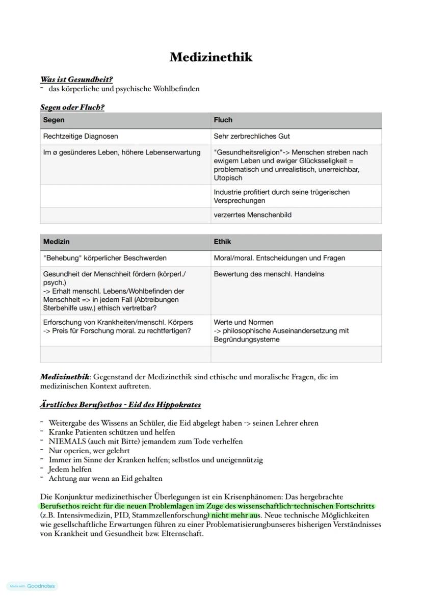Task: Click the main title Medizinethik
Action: pyautogui.click(x=211, y=57)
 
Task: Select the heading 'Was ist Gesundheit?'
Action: pyautogui.click(x=76, y=80)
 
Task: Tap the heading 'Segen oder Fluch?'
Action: pyautogui.click(x=72, y=108)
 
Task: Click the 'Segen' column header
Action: pyautogui.click(x=54, y=120)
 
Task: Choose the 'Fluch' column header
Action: pyautogui.click(x=223, y=120)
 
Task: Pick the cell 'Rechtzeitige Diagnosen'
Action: pyautogui.click(x=81, y=137)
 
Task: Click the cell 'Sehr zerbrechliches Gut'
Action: pyautogui.click(x=252, y=137)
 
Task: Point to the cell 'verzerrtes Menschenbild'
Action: pyautogui.click(x=253, y=215)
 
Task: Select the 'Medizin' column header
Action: pyautogui.click(x=57, y=242)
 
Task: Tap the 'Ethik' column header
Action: pyautogui.click(x=223, y=242)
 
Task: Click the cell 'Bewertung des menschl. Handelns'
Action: pyautogui.click(x=269, y=274)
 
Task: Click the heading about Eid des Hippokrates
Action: pyautogui.click(x=120, y=405)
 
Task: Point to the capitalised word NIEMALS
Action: pyautogui.click(x=67, y=442)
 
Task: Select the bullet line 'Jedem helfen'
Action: pyautogui.click(x=70, y=469)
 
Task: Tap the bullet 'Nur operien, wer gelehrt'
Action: pyautogui.click(x=89, y=451)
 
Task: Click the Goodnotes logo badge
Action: pyautogui.click(x=33, y=586)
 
